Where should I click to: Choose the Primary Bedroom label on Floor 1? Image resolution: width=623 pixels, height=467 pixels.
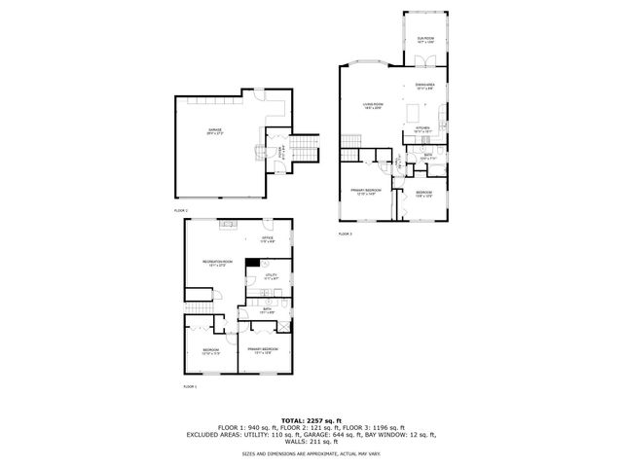point(263,349)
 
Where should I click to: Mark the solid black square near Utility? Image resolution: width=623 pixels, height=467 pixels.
point(252,262)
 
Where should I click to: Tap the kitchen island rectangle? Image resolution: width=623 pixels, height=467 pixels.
point(443,124)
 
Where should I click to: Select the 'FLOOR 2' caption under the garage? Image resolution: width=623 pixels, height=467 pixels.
point(181,209)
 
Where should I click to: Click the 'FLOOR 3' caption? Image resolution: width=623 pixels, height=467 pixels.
point(346,234)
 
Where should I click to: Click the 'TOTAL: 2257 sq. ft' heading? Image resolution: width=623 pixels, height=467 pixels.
point(311,418)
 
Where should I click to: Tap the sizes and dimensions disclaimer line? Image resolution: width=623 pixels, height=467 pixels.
point(311,452)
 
